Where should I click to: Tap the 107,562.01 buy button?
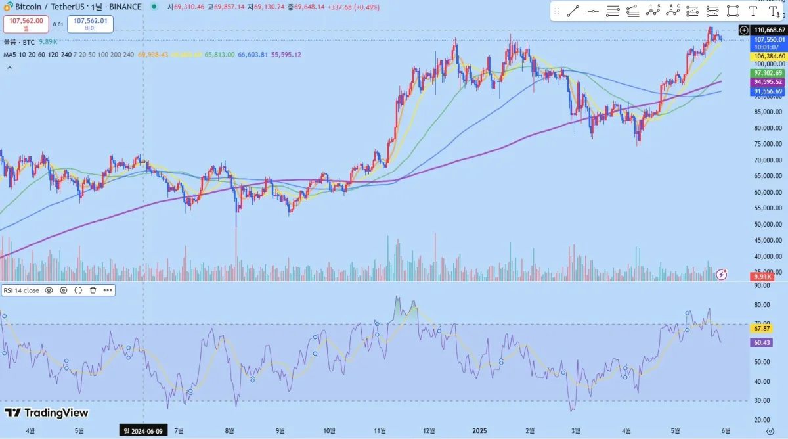click(90, 24)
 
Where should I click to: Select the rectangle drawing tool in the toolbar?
click(733, 11)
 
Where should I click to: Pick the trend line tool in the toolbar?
click(573, 11)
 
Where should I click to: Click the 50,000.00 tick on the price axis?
click(768, 224)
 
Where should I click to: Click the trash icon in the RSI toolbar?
click(93, 290)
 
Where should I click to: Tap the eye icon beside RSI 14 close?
click(49, 290)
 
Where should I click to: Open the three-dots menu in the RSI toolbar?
click(108, 290)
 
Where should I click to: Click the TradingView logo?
click(47, 413)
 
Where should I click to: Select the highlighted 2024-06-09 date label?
click(144, 430)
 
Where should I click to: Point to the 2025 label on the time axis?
click(480, 430)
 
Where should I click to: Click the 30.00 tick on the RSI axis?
click(762, 400)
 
